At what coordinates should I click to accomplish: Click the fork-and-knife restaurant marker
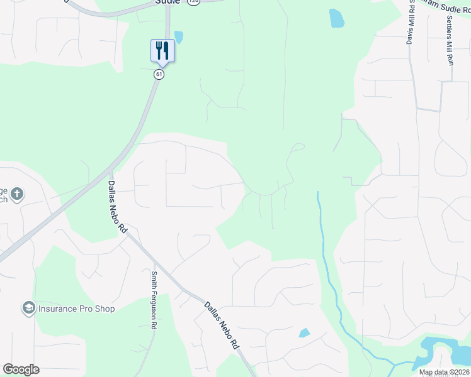[162, 50]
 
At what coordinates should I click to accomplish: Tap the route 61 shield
[159, 74]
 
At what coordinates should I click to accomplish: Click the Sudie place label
[167, 3]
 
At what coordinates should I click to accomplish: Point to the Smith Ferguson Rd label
[153, 300]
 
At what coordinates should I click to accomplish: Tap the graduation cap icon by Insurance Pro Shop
[28, 308]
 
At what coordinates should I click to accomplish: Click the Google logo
[21, 369]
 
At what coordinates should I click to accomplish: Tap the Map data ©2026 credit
[444, 372]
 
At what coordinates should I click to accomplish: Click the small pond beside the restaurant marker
[179, 37]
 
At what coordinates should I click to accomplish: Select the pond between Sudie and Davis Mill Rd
[337, 18]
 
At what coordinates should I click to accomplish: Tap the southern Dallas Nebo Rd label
[222, 325]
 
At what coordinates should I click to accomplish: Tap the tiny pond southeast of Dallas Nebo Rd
[304, 333]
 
